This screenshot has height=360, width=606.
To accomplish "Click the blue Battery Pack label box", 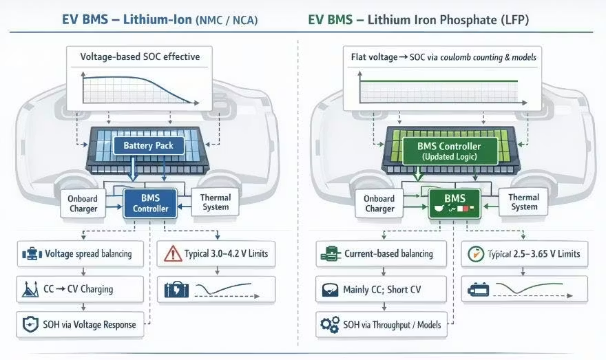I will [149, 145].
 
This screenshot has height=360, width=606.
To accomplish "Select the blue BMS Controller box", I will [149, 202].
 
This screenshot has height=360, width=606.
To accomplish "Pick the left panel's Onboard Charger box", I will [83, 203].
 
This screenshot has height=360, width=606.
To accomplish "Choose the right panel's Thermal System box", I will [524, 202].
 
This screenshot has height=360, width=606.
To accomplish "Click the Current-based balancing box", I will [381, 253].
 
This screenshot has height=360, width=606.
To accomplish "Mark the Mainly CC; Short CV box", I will [381, 289].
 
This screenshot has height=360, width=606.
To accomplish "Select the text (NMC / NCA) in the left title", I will [227, 21].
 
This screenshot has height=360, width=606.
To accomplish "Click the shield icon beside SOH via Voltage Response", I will [30, 324].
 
